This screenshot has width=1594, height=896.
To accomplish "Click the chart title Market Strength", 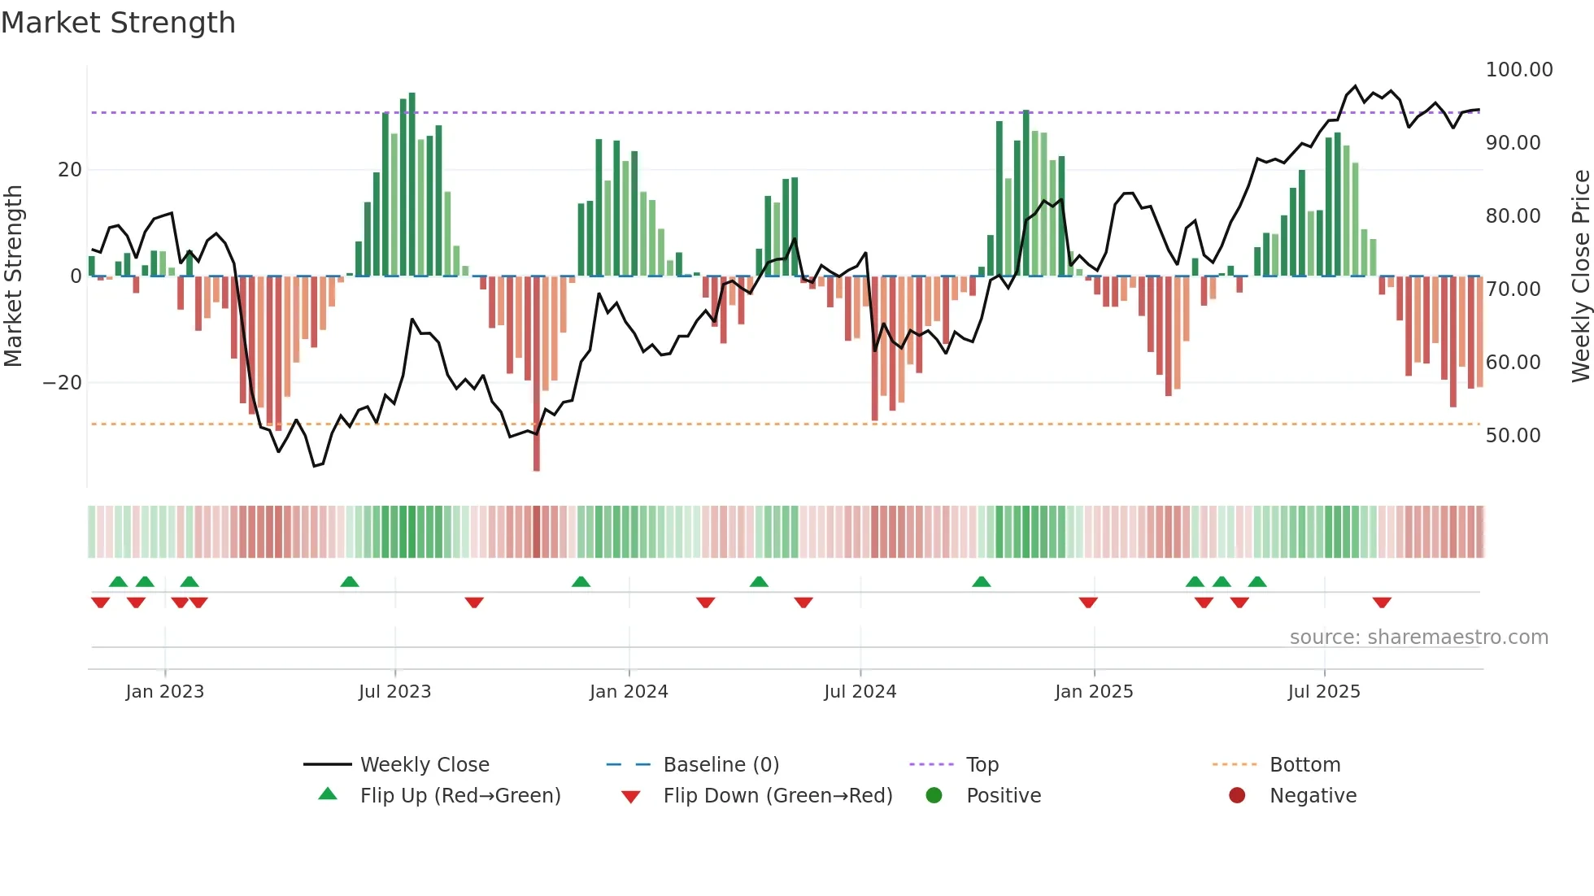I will tap(118, 23).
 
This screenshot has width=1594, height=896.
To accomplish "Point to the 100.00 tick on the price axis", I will tap(1518, 70).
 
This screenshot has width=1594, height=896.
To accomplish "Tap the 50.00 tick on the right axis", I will tap(1513, 436).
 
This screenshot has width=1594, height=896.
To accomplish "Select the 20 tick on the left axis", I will tap(70, 170).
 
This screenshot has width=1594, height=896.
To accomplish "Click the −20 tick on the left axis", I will tap(63, 383).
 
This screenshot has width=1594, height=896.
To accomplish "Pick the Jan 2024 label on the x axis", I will tap(629, 692).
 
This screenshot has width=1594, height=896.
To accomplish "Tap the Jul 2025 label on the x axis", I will tap(1323, 692).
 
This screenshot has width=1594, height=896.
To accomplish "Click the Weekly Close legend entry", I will tap(424, 765).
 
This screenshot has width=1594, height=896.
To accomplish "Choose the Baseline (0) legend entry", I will tap(721, 765).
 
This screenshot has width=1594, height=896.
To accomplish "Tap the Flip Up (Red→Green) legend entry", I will tap(459, 796).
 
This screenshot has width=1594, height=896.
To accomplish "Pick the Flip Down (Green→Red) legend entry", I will tap(777, 796).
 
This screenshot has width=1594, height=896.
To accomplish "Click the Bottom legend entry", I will tap(1304, 765).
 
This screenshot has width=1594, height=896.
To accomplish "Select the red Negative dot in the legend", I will tap(1237, 796).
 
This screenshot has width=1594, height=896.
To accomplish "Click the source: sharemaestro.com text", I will tap(1418, 637).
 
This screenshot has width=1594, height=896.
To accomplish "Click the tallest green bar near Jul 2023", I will tap(412, 184).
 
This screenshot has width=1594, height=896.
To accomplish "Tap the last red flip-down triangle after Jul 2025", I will tap(1382, 602).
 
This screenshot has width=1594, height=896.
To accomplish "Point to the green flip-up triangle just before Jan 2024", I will tap(581, 581).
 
